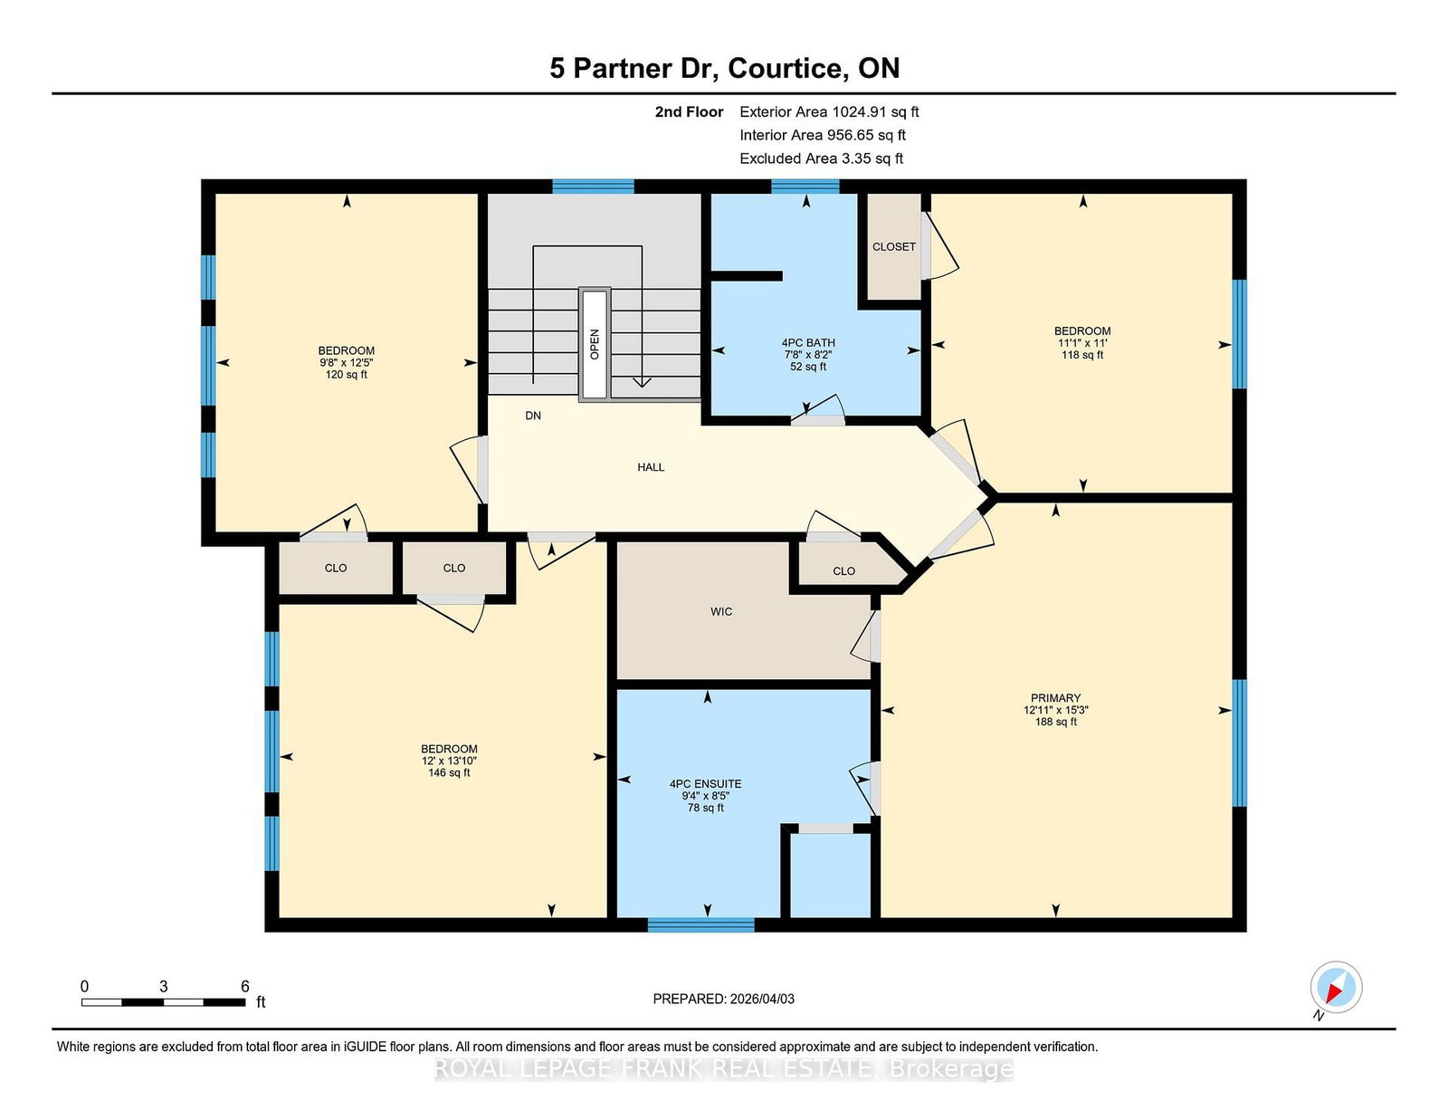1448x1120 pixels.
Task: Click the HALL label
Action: (x=651, y=467)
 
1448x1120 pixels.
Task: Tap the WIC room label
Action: (x=721, y=611)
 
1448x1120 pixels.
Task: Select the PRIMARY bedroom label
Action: (x=1055, y=698)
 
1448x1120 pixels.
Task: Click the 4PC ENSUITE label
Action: (x=705, y=784)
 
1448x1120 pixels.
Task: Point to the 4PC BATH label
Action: (x=808, y=343)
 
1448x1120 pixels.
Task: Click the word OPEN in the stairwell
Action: (x=595, y=344)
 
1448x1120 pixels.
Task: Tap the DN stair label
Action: (x=533, y=416)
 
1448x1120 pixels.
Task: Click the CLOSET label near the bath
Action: (x=893, y=246)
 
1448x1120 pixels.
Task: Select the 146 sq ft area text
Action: (x=449, y=772)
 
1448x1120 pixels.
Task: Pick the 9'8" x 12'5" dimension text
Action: (x=346, y=363)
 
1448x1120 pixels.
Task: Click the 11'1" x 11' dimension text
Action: (x=1082, y=343)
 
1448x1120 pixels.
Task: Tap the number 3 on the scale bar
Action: (x=163, y=986)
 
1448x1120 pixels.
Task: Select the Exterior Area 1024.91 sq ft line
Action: (x=829, y=112)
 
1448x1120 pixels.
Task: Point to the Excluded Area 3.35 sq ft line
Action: (x=821, y=158)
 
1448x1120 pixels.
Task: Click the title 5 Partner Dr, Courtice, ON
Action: (x=724, y=68)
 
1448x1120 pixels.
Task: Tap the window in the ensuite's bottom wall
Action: (x=701, y=924)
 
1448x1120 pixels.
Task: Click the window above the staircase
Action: (x=593, y=186)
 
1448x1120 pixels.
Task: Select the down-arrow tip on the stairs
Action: (x=642, y=387)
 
